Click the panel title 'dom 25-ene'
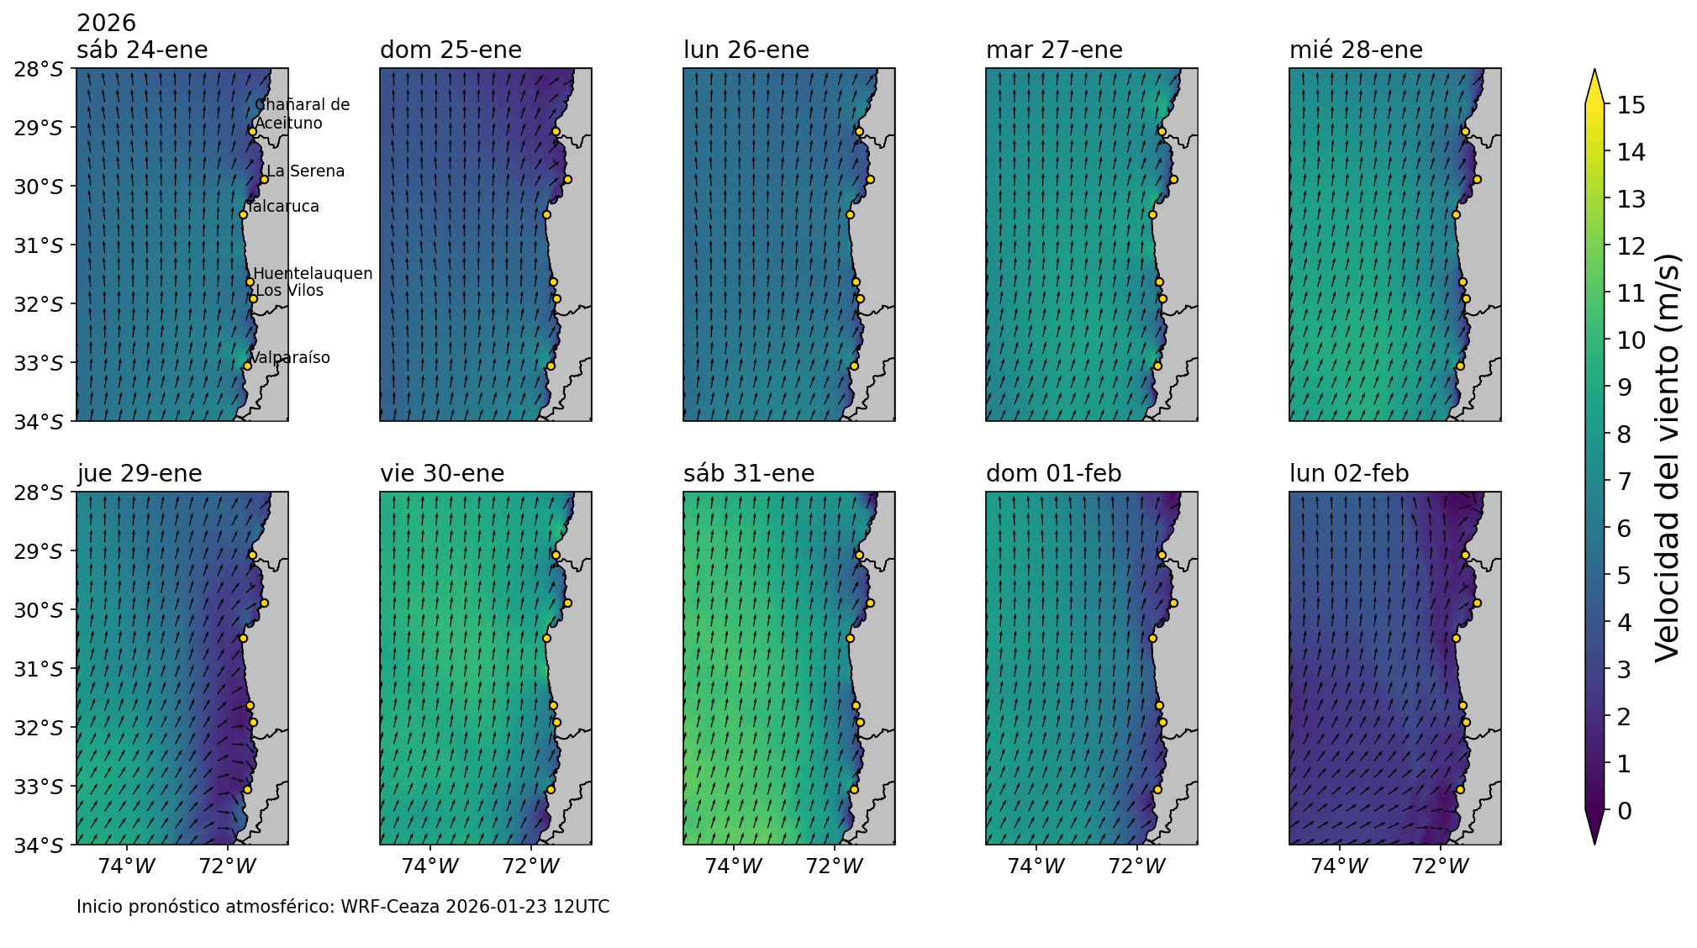click(x=451, y=50)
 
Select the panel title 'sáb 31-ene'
click(x=748, y=474)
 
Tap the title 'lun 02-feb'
click(x=1348, y=474)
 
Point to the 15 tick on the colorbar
click(x=1624, y=105)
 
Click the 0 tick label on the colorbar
click(x=1624, y=811)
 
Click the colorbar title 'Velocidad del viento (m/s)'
click(x=1666, y=458)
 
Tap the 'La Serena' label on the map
click(x=305, y=171)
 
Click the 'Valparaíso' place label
click(x=290, y=358)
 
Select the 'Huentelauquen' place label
click(x=313, y=274)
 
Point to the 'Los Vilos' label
click(x=289, y=291)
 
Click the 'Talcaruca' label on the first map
click(x=284, y=207)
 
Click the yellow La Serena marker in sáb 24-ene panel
click(x=264, y=179)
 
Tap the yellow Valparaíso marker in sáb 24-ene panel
click(x=247, y=366)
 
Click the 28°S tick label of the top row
click(x=39, y=69)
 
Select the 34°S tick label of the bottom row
click(x=39, y=845)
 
